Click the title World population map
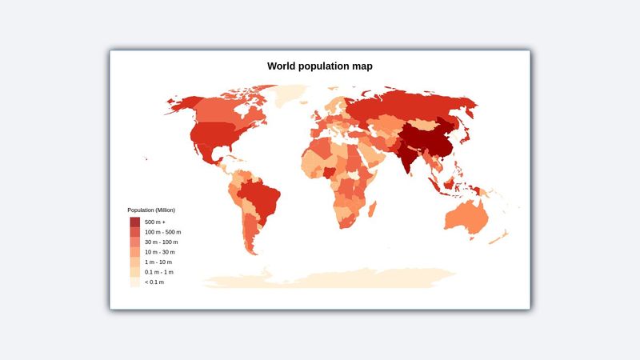[x=320, y=66]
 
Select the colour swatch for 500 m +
[x=134, y=222]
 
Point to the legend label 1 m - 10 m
[x=158, y=262]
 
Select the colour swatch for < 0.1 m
[x=134, y=282]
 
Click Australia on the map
[x=470, y=216]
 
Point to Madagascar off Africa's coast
[x=373, y=210]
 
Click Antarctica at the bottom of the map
[x=328, y=278]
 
